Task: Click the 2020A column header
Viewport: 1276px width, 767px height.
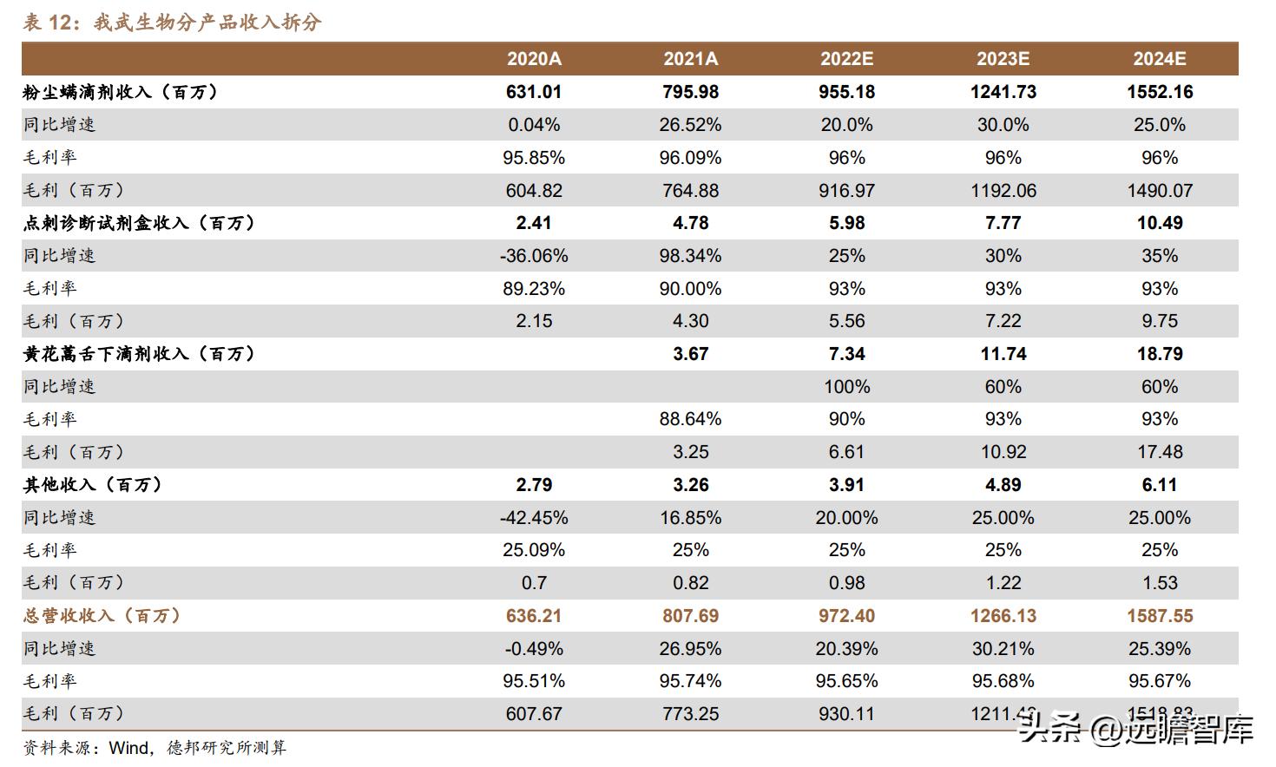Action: coord(534,59)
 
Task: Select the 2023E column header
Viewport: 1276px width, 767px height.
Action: coord(1003,59)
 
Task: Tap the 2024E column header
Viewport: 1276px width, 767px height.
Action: coord(1159,59)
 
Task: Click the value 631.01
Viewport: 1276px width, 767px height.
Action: coord(534,92)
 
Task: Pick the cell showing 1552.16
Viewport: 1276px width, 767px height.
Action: coord(1160,92)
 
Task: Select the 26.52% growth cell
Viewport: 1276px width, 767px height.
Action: coord(690,125)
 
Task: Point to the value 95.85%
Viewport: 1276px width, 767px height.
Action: coord(534,158)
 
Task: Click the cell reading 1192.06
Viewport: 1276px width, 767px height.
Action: coord(1003,191)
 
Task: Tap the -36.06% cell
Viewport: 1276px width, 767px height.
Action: coord(534,256)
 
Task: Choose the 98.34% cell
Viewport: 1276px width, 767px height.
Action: coord(690,256)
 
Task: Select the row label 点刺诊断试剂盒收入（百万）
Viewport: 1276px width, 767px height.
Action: coord(139,223)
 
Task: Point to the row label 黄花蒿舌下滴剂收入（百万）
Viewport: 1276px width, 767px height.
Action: coord(139,354)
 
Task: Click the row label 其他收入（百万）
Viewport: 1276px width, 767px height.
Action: coord(92,485)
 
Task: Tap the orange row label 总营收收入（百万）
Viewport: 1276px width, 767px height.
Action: coord(102,616)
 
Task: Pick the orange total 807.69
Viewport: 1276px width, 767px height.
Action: coord(690,616)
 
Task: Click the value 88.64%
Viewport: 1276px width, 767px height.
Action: coord(690,419)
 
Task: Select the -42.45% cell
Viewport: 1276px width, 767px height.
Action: coord(534,518)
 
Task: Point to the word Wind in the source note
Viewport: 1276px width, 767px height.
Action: coord(128,748)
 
